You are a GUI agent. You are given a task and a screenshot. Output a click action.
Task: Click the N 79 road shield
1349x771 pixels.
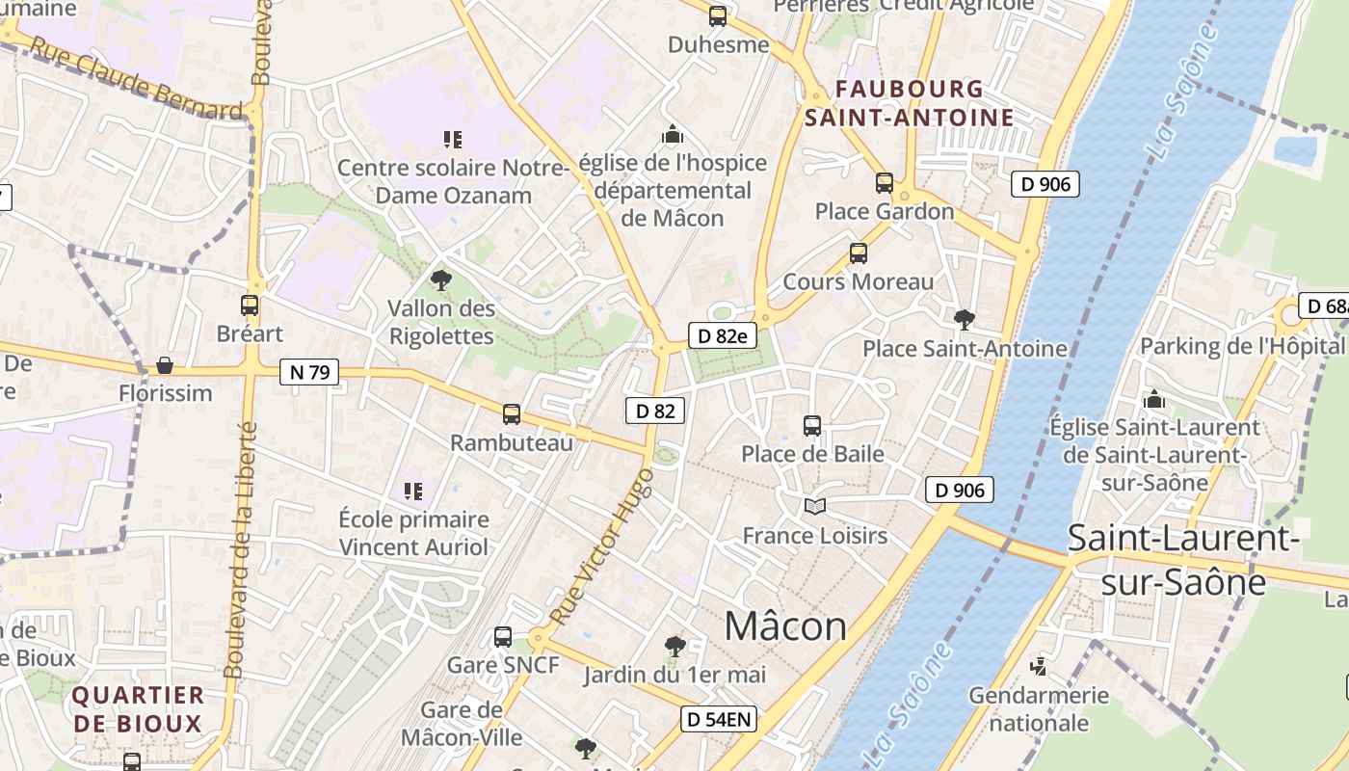[309, 371]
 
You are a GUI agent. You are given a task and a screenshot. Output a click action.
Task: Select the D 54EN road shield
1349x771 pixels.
[719, 718]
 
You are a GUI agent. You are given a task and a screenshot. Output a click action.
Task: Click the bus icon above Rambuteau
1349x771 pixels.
[512, 414]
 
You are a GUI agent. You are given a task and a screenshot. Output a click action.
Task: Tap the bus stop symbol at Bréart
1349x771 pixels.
[250, 306]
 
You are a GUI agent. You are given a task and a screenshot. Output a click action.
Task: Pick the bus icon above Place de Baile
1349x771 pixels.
[812, 425]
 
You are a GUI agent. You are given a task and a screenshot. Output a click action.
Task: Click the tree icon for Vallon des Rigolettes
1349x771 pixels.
[441, 280]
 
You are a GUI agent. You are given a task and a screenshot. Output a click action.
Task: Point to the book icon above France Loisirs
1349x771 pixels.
[815, 506]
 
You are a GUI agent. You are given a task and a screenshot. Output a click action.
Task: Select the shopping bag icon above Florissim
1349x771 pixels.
[165, 365]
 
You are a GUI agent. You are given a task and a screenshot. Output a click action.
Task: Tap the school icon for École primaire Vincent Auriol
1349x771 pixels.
[413, 492]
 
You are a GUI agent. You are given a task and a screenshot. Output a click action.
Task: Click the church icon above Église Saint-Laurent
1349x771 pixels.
[1153, 399]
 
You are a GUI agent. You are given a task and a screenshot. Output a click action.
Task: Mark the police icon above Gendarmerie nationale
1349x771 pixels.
[1038, 666]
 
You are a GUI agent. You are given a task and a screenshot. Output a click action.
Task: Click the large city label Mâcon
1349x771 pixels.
[785, 626]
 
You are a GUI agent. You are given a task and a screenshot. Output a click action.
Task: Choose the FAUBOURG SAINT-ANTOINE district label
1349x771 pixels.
[909, 103]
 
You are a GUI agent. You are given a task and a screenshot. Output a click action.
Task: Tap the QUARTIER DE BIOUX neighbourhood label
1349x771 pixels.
[139, 708]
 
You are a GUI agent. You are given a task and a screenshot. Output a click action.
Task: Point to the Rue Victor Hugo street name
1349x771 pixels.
[602, 545]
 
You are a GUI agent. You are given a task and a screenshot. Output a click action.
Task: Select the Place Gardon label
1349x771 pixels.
[885, 211]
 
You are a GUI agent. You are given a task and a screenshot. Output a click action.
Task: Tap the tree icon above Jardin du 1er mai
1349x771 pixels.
[675, 646]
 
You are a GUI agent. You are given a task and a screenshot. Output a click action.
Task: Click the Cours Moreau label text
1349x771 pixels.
[858, 281]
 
